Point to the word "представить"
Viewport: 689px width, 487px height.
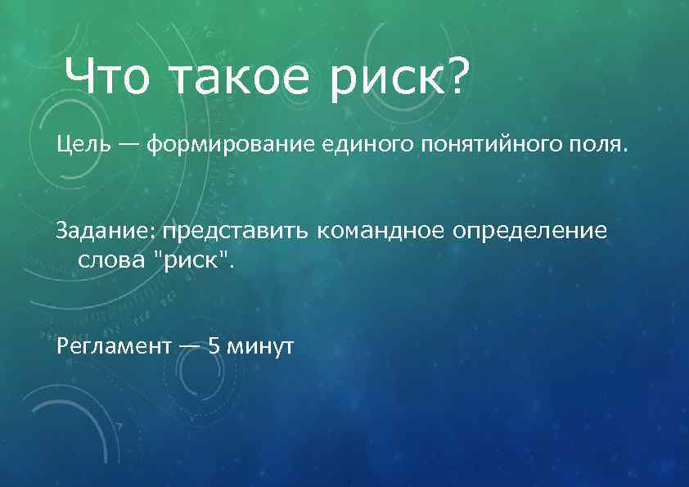coord(232,231)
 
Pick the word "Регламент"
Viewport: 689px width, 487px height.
coord(114,345)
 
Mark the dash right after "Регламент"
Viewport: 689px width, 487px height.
coord(188,345)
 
